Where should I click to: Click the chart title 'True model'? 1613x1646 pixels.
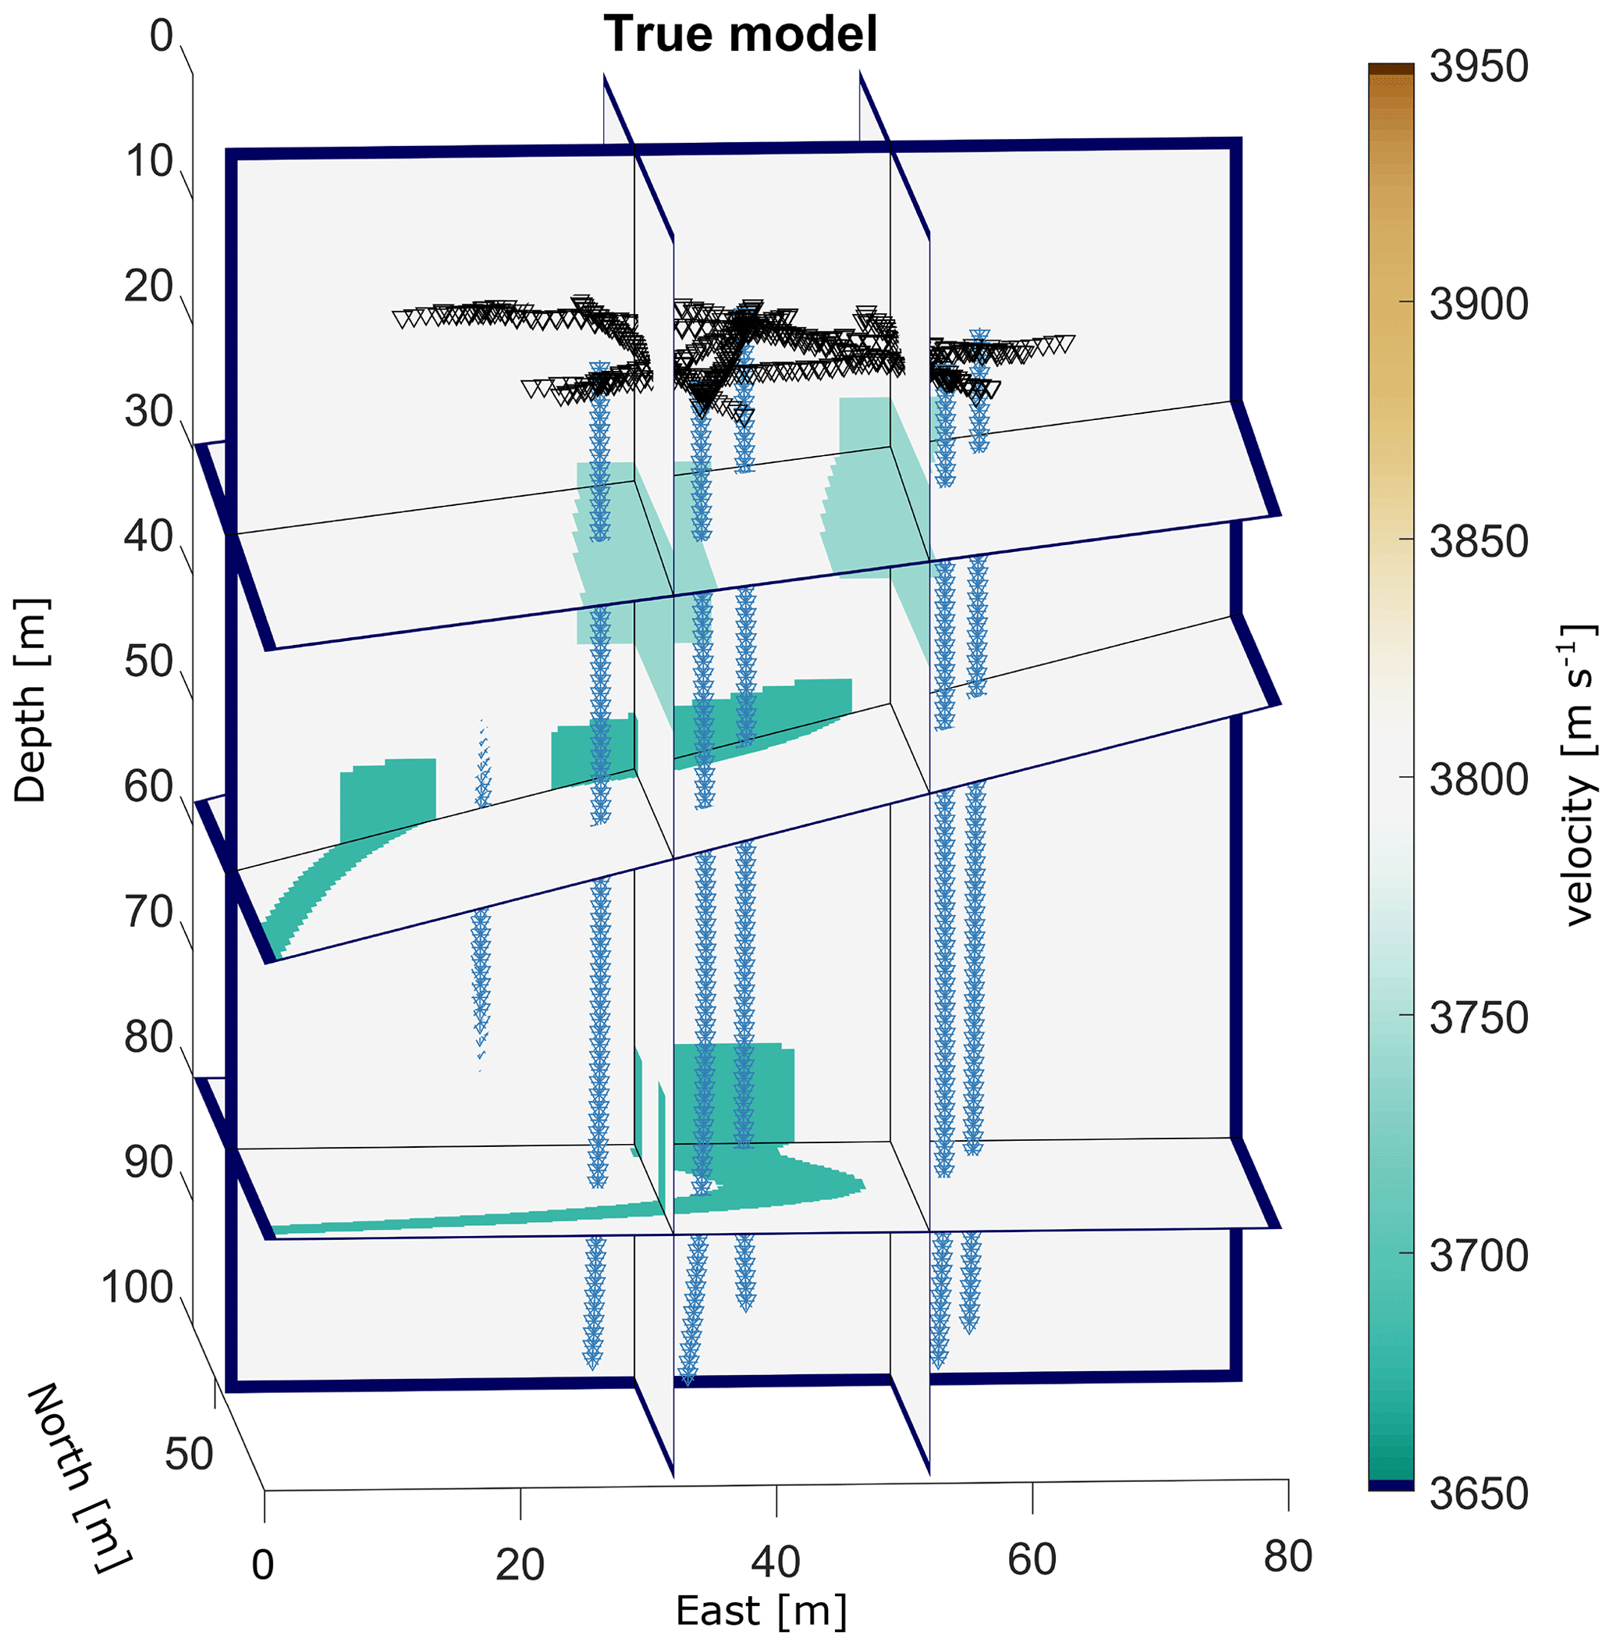(x=740, y=35)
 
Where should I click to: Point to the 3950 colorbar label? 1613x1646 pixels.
(x=1478, y=67)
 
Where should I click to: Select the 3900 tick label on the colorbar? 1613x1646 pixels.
(x=1478, y=305)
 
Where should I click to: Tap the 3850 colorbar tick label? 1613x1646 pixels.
(x=1478, y=542)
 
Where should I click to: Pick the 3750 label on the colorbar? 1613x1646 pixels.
(x=1478, y=1017)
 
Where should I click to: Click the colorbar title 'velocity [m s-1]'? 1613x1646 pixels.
(x=1577, y=775)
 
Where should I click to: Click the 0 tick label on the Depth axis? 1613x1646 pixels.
(x=161, y=37)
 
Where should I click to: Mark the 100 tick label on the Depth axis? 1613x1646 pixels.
(x=137, y=1288)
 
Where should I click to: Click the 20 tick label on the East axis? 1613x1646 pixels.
(x=519, y=1565)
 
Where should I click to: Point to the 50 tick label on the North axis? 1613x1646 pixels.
(x=189, y=1455)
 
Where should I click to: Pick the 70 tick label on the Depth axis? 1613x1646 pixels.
(x=148, y=913)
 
